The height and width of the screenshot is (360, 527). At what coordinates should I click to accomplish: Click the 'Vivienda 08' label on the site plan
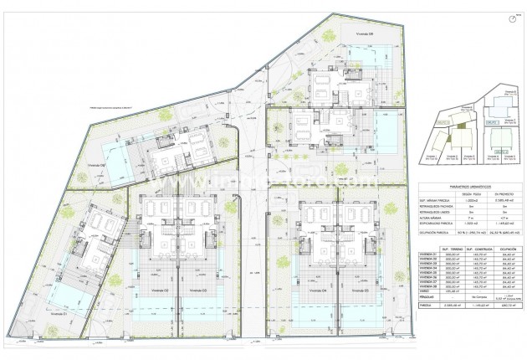click(340, 33)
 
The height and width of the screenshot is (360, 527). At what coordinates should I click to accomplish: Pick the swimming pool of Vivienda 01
click(65, 296)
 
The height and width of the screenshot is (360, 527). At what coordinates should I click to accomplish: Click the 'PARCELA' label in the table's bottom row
click(424, 306)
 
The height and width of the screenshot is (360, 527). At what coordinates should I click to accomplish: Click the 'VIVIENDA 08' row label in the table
click(427, 288)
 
